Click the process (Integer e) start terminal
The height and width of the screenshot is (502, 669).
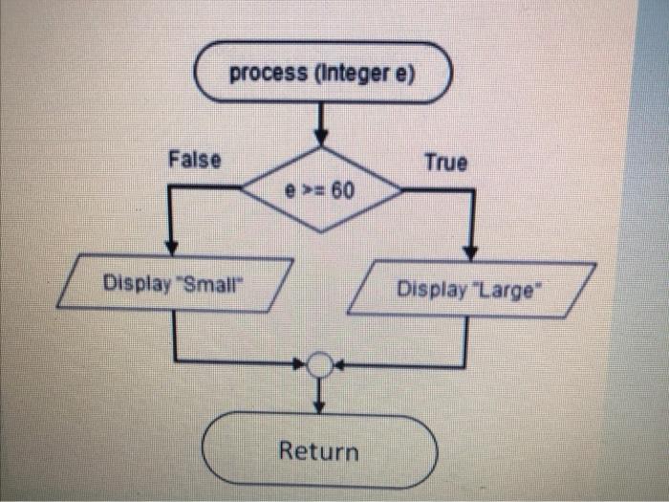[321, 73]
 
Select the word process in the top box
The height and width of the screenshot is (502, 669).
[269, 73]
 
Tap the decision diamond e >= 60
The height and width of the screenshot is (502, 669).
[321, 190]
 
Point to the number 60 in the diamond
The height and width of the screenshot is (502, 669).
[341, 190]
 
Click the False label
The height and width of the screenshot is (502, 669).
[194, 160]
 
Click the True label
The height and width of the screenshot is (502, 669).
[446, 163]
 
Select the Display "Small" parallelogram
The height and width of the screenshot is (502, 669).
[174, 284]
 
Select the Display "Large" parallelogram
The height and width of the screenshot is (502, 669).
[470, 288]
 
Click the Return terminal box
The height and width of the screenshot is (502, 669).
[319, 449]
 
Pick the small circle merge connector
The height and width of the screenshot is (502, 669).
[321, 365]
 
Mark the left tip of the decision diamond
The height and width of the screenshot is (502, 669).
[241, 189]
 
